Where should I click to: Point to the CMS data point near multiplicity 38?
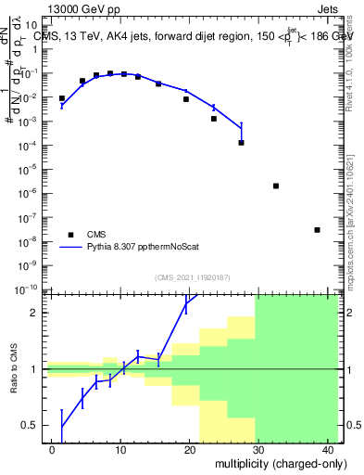[317, 230]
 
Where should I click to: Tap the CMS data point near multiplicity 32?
[276, 186]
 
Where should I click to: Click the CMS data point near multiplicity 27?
[241, 142]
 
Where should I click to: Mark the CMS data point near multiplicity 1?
[62, 98]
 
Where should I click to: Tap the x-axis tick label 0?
[54, 449]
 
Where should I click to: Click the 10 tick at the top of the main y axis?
[31, 25]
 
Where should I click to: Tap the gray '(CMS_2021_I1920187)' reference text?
[192, 277]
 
